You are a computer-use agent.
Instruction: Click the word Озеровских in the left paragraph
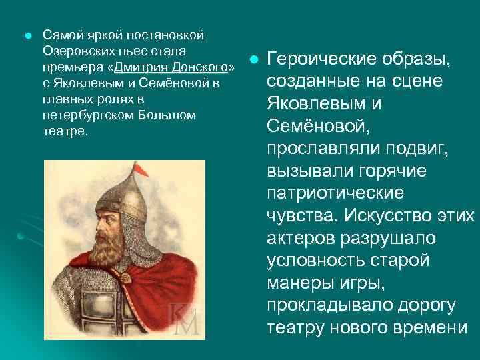[75, 50]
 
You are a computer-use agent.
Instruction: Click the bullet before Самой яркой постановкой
[25, 35]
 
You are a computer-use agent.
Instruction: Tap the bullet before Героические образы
[253, 61]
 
